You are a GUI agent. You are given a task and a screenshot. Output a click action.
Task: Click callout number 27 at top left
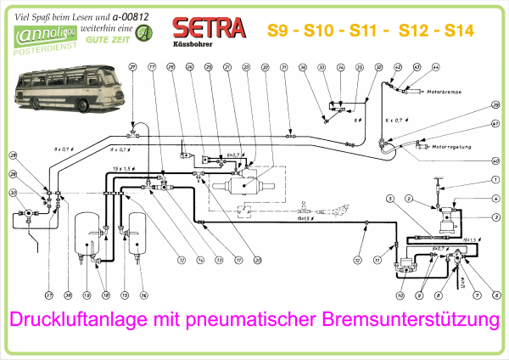pyautogui.click(x=132, y=67)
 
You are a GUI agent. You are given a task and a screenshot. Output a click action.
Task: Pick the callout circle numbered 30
pyautogui.click(x=13, y=194)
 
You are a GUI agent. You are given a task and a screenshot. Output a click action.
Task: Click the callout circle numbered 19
pyautogui.click(x=87, y=295)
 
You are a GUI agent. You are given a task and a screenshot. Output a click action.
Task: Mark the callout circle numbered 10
pyautogui.click(x=399, y=295)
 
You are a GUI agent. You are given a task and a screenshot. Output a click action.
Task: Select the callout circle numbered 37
pyautogui.click(x=48, y=295)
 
